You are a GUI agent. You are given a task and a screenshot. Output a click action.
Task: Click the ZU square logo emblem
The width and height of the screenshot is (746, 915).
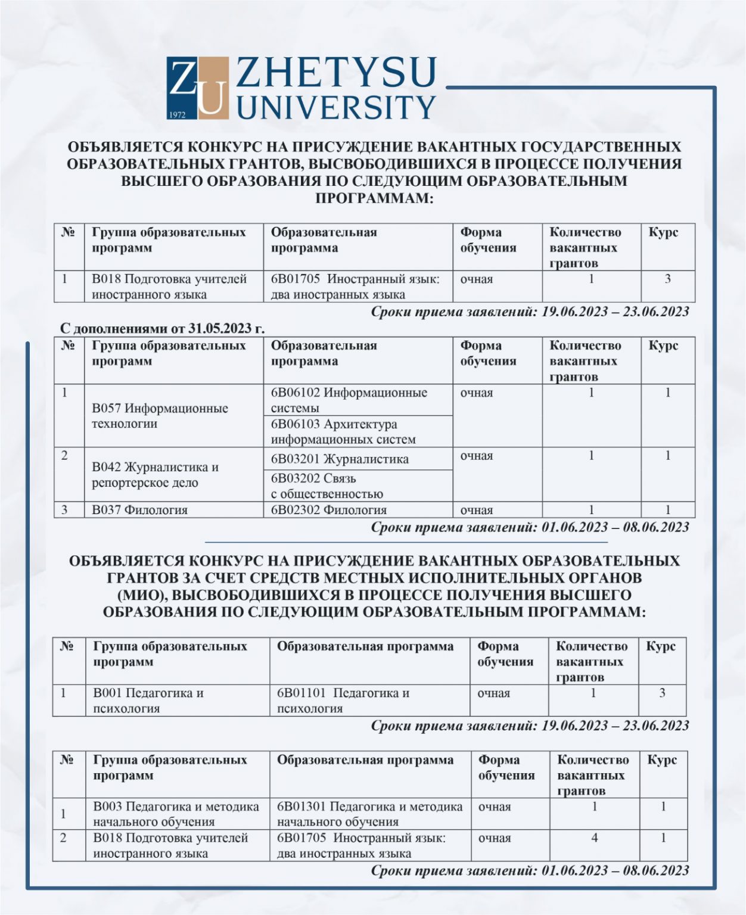pyautogui.click(x=197, y=88)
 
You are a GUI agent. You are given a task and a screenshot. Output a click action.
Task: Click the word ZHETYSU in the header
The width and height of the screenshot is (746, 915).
pyautogui.click(x=337, y=73)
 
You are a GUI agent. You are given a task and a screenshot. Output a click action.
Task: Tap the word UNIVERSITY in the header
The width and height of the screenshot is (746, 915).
pyautogui.click(x=337, y=107)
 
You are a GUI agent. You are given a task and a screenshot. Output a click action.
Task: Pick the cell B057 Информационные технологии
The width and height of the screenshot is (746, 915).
pyautogui.click(x=160, y=416)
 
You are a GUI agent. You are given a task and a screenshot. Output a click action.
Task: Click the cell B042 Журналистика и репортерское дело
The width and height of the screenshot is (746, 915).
pyautogui.click(x=155, y=475)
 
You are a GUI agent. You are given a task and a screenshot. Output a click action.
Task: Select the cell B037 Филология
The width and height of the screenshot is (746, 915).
pyautogui.click(x=140, y=510)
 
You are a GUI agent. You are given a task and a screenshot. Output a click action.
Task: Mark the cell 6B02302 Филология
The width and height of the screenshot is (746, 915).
pyautogui.click(x=329, y=510)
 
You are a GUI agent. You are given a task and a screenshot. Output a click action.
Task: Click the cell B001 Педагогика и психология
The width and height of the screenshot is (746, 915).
pyautogui.click(x=148, y=701)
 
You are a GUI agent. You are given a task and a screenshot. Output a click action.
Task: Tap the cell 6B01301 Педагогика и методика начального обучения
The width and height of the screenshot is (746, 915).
pyautogui.click(x=369, y=814)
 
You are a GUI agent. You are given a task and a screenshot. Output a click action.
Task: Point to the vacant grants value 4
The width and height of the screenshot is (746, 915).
pyautogui.click(x=594, y=838)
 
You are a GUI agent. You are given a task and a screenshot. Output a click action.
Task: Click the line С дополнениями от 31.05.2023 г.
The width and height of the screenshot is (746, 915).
pyautogui.click(x=163, y=328)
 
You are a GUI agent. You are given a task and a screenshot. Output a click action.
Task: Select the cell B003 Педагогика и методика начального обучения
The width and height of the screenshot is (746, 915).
pyautogui.click(x=176, y=814)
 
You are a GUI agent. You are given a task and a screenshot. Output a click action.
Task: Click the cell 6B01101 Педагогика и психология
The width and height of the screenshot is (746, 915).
pyautogui.click(x=343, y=701)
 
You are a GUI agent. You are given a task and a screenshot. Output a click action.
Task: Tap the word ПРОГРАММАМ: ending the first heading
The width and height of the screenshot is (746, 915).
pyautogui.click(x=374, y=198)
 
